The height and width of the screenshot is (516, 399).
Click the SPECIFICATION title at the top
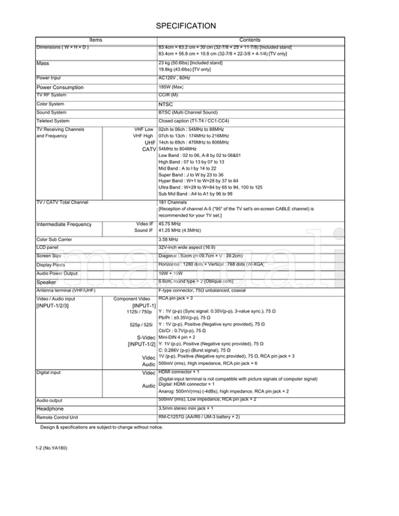pos(186,25)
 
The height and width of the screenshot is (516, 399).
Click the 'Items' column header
pos(96,40)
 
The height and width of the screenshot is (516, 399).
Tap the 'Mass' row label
pos(43,64)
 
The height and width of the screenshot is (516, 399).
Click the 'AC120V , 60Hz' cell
pos(174,78)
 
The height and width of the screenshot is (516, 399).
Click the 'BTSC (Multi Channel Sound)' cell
pos(188,112)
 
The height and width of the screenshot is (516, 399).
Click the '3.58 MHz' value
pos(169,239)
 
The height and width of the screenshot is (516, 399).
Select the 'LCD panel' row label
pos(47,247)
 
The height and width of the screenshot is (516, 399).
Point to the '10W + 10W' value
pos(171,273)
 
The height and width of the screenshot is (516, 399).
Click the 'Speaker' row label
pos(46,282)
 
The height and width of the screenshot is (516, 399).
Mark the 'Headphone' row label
pos(50,408)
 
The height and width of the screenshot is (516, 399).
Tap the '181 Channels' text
pos(173,202)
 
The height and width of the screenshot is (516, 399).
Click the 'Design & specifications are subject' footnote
pos(101,427)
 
